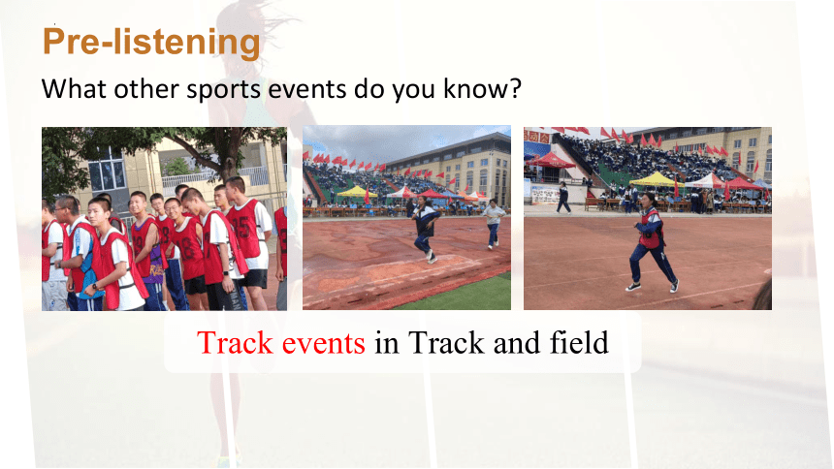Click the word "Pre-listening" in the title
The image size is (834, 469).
pyautogui.click(x=151, y=42)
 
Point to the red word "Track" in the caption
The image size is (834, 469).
pyautogui.click(x=235, y=342)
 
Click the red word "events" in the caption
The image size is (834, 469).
pyautogui.click(x=323, y=343)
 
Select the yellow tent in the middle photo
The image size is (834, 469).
pyautogui.click(x=355, y=192)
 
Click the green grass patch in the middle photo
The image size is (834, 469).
pyautogui.click(x=464, y=295)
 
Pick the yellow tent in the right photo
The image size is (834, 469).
pyautogui.click(x=656, y=179)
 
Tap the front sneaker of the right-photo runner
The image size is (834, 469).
pyautogui.click(x=632, y=287)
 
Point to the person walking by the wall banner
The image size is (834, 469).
pyautogui.click(x=562, y=198)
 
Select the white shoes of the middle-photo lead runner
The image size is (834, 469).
pyautogui.click(x=432, y=258)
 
